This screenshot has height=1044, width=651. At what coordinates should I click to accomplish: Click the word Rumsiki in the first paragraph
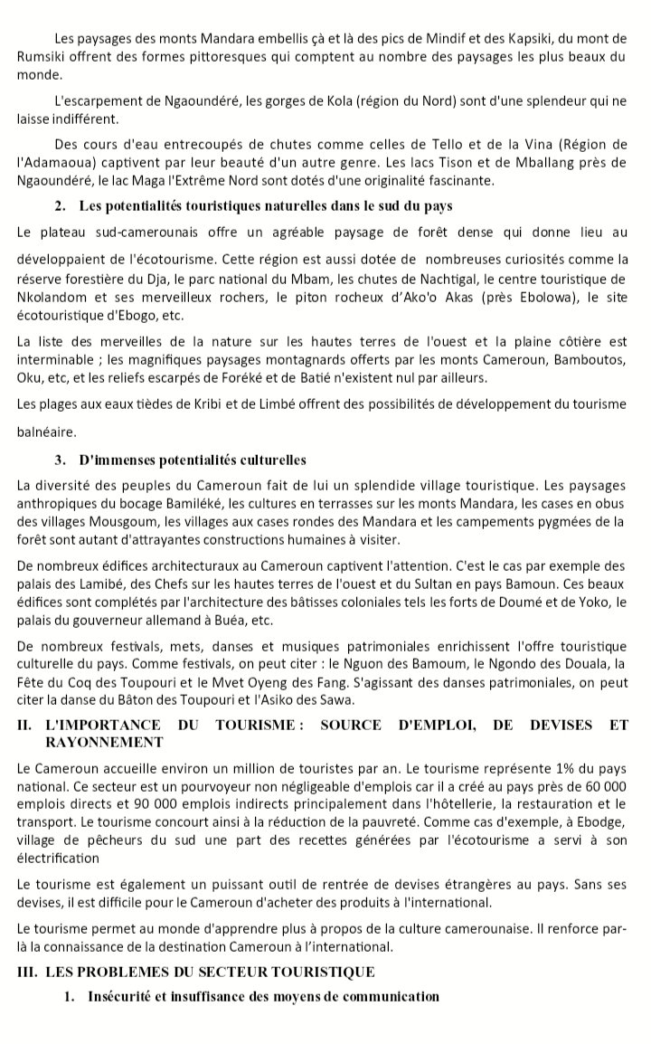[41, 57]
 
